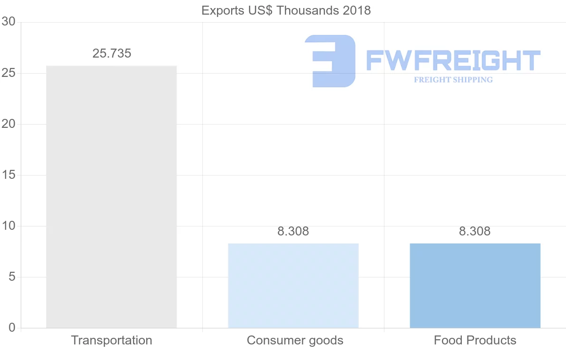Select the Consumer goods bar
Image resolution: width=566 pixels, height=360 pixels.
click(293, 285)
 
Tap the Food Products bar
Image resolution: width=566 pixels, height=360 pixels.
click(475, 285)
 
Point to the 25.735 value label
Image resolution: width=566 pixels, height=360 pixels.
click(112, 53)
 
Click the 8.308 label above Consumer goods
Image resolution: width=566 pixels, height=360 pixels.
click(293, 231)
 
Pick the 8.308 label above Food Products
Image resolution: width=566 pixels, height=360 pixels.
click(475, 231)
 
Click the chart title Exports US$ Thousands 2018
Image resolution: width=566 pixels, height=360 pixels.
click(286, 10)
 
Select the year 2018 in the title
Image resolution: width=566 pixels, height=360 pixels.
click(357, 10)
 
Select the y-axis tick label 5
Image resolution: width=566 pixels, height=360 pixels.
click(12, 277)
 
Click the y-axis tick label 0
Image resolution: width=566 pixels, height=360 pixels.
click(12, 328)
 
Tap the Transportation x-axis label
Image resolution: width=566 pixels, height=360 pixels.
click(111, 340)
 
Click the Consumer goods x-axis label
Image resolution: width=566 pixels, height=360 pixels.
click(295, 340)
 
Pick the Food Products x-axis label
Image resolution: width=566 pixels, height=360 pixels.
click(475, 340)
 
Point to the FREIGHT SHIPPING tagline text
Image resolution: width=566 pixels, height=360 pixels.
click(453, 80)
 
